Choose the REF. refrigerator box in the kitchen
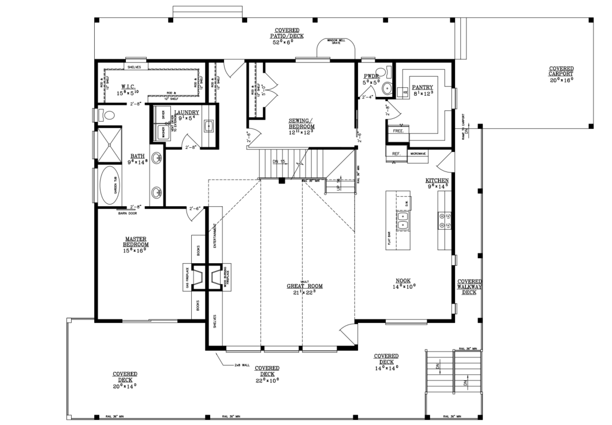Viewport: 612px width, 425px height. (396, 154)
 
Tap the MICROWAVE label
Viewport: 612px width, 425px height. (419, 154)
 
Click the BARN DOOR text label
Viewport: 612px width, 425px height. (126, 213)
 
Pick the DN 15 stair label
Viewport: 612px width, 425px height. (279, 162)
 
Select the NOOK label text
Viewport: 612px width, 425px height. (404, 280)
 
